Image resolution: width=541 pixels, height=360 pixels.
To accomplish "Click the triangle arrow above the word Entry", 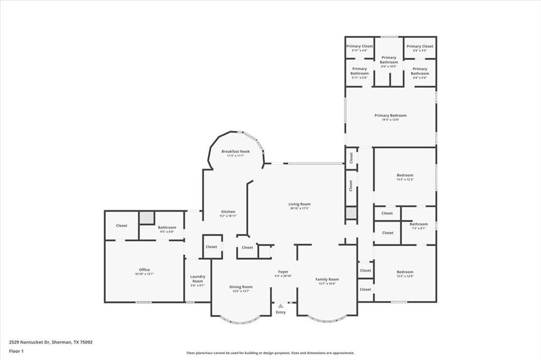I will pyautogui.click(x=281, y=306).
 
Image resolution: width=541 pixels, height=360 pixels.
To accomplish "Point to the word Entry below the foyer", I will pyautogui.click(x=281, y=312).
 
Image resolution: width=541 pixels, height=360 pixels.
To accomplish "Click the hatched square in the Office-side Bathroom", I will pyautogui.click(x=146, y=218).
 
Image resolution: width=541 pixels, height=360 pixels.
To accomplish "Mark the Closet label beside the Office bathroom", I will pyautogui.click(x=122, y=225).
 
